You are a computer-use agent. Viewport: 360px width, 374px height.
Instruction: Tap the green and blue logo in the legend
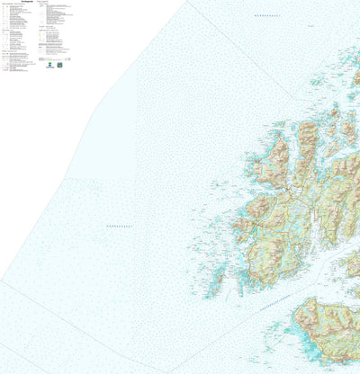point(48,64)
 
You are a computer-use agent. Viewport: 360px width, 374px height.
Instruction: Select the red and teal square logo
point(59,64)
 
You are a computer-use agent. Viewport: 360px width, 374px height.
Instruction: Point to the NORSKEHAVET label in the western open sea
point(119,226)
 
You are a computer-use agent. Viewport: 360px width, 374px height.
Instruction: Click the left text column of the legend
point(18,36)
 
